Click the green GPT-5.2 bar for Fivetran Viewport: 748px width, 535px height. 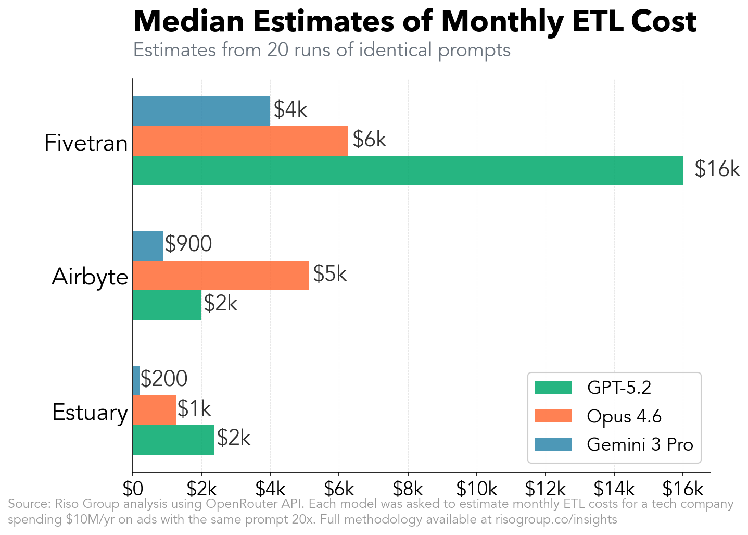coord(408,170)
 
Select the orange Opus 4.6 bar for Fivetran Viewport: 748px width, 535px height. coord(240,141)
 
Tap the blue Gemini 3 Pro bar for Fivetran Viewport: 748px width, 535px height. coord(201,111)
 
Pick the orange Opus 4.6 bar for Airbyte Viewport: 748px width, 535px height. coord(221,275)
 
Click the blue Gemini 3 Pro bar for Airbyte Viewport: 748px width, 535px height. coord(148,246)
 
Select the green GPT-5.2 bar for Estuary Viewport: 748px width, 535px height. coord(173,440)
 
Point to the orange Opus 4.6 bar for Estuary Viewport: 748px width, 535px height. coord(154,410)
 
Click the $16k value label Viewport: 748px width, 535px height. coord(717,169)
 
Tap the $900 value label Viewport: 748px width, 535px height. coord(188,244)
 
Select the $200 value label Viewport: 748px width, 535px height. coord(164,379)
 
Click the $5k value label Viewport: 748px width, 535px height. coord(329,273)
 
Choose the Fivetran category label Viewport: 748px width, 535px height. coord(86,143)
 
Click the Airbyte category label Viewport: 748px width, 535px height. coord(90,277)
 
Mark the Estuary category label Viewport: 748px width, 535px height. coord(90,413)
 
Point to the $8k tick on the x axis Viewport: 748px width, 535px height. coord(408,489)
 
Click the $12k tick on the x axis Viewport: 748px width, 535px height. coord(545,489)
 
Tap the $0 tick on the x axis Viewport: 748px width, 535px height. coord(133,489)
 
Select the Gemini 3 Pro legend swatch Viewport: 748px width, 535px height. coord(553,444)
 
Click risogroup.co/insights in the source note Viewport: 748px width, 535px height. coord(556,519)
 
